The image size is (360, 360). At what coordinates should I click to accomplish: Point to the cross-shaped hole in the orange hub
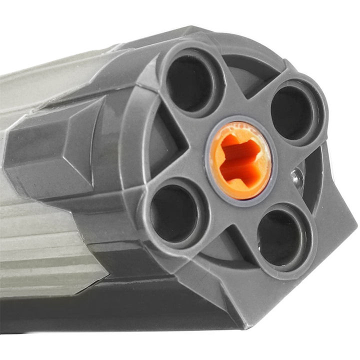238,159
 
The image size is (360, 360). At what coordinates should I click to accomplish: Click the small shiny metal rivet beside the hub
298,175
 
